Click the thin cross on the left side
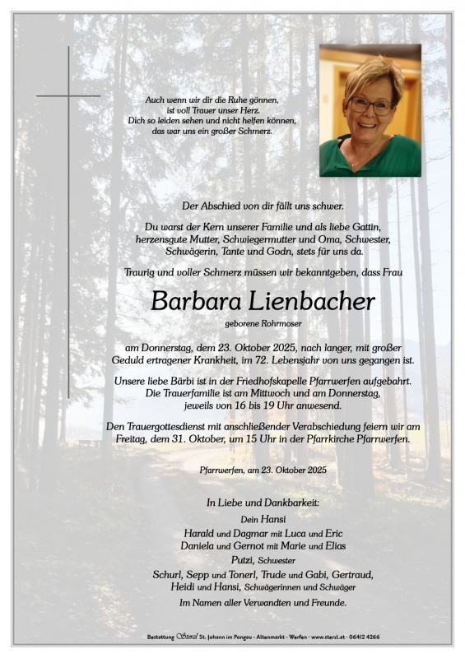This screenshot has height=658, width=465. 68,96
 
